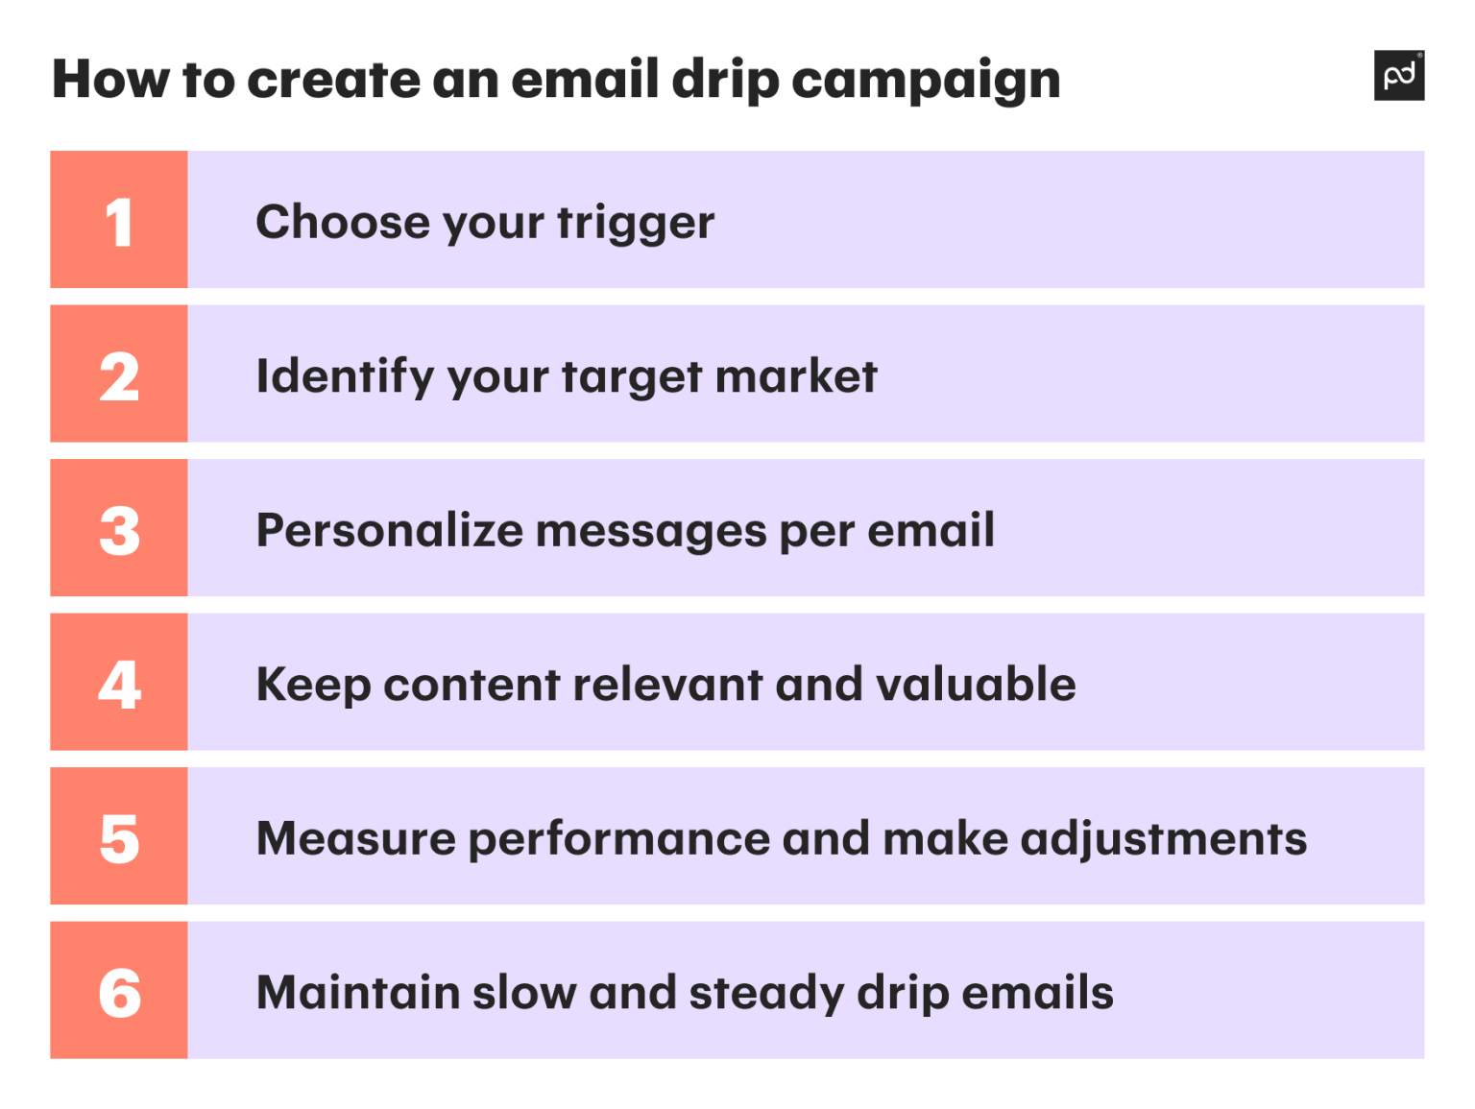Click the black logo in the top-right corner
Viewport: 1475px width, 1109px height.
click(1398, 75)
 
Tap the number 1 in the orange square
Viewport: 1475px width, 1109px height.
click(119, 222)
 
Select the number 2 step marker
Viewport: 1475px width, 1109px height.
click(119, 376)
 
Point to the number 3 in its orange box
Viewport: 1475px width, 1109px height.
click(119, 530)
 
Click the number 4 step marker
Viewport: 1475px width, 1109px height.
click(119, 685)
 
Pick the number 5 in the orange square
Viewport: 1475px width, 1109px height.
click(119, 838)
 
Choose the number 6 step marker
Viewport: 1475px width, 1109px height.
click(119, 992)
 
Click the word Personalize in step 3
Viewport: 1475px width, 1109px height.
click(390, 531)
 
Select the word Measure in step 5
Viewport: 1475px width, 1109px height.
click(356, 838)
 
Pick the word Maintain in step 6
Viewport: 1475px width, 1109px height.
click(358, 992)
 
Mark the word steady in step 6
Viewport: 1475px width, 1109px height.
click(766, 994)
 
